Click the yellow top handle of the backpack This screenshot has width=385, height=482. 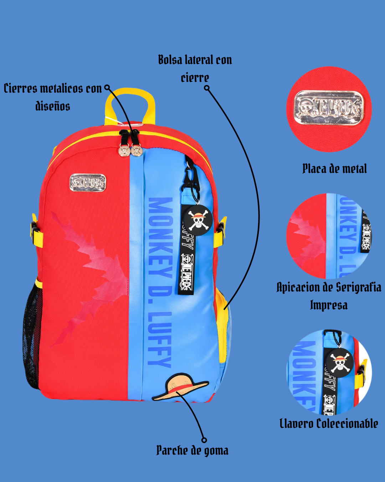(130, 94)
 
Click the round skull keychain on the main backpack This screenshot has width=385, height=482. (197, 219)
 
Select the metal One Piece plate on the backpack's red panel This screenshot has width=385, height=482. (88, 183)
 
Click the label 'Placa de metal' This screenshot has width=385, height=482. (334, 169)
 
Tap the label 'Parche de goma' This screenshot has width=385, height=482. (192, 451)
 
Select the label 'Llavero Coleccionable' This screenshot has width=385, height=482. (329, 424)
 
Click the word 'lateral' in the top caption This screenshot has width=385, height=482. (195, 60)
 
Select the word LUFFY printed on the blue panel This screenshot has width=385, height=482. (159, 339)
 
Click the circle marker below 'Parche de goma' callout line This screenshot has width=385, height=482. (204, 440)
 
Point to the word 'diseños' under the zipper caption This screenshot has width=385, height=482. (52, 106)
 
